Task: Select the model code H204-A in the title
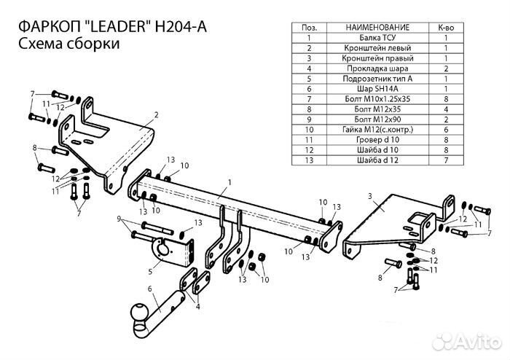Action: [x=180, y=26]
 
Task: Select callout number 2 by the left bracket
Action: [x=156, y=114]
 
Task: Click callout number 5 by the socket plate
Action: [x=151, y=272]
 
